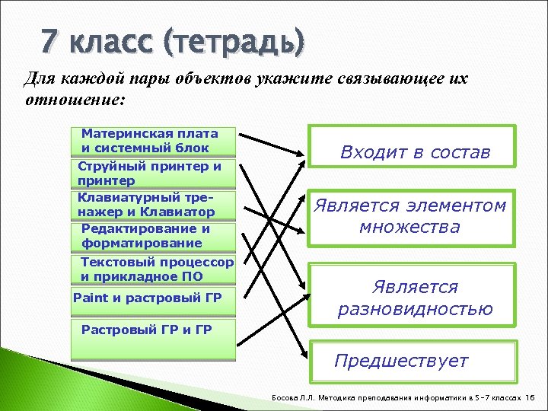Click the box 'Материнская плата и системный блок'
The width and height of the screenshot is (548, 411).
[x=152, y=141]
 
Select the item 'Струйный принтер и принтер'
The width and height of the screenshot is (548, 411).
[x=152, y=174]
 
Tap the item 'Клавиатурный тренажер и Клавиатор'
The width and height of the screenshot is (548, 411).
[x=152, y=204]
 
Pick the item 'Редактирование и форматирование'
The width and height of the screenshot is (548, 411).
[x=152, y=236]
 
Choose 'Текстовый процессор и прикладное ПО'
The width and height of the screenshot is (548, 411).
[x=156, y=269]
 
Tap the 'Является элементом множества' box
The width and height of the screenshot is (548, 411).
[x=411, y=217]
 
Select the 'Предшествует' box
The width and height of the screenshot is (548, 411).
[x=411, y=361]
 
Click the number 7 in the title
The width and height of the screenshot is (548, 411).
[x=49, y=40]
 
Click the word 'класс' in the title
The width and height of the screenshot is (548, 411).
[x=114, y=42]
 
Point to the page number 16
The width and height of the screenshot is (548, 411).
[x=530, y=398]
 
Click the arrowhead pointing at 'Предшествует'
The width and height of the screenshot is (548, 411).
[x=304, y=351]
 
